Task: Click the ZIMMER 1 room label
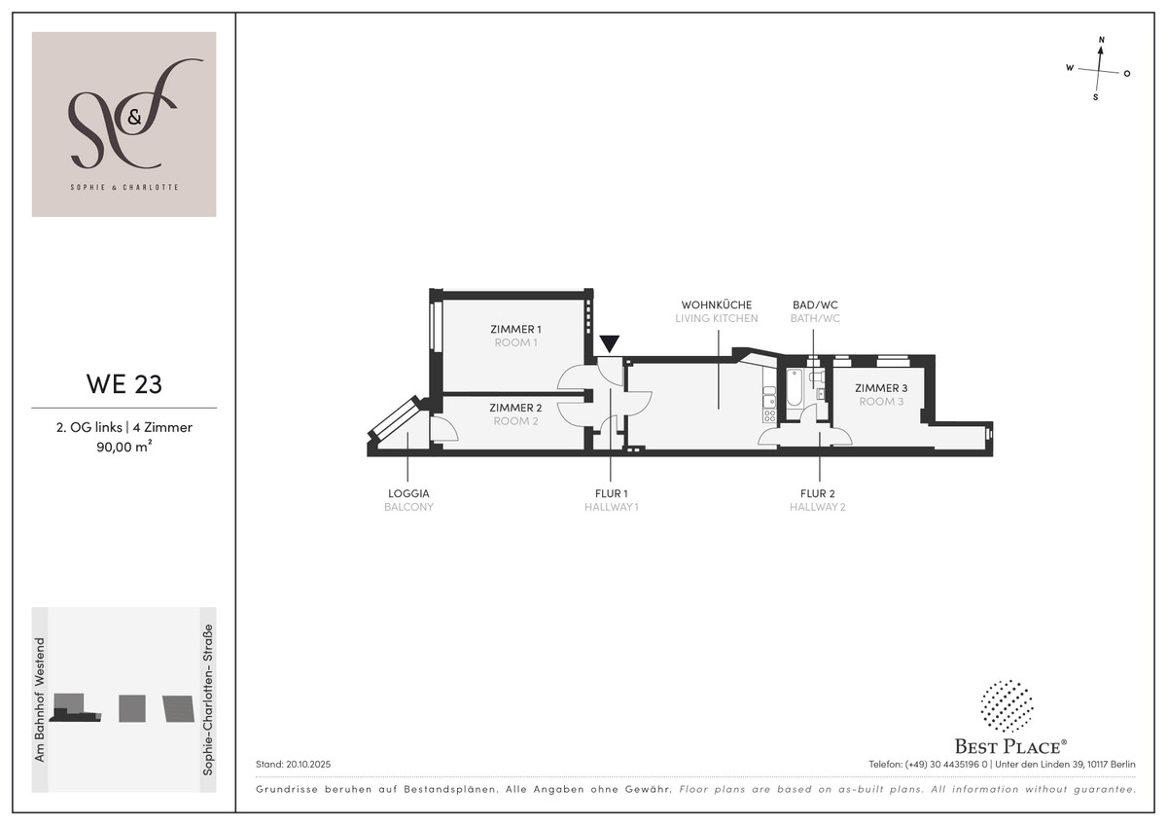pyautogui.click(x=515, y=330)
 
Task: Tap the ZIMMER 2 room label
pyautogui.click(x=515, y=408)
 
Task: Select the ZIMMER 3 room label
pyautogui.click(x=881, y=388)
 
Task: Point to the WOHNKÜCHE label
pyautogui.click(x=717, y=305)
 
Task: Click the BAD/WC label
pyautogui.click(x=815, y=305)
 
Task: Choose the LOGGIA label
pyautogui.click(x=409, y=493)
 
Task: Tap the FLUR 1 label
pyautogui.click(x=611, y=493)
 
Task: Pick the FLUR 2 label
pyautogui.click(x=818, y=493)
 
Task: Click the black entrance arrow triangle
pyautogui.click(x=609, y=342)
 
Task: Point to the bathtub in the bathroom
pyautogui.click(x=794, y=388)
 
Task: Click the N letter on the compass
pyautogui.click(x=1101, y=40)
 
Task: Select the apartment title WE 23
pyautogui.click(x=124, y=384)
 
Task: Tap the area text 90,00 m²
pyautogui.click(x=124, y=447)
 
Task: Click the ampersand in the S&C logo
pyautogui.click(x=134, y=118)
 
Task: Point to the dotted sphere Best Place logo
pyautogui.click(x=1007, y=705)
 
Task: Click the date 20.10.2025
pyautogui.click(x=308, y=765)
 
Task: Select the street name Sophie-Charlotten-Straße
pyautogui.click(x=208, y=699)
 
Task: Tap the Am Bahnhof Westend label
pyautogui.click(x=40, y=699)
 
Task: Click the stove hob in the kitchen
pyautogui.click(x=769, y=415)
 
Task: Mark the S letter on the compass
pyautogui.click(x=1096, y=97)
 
